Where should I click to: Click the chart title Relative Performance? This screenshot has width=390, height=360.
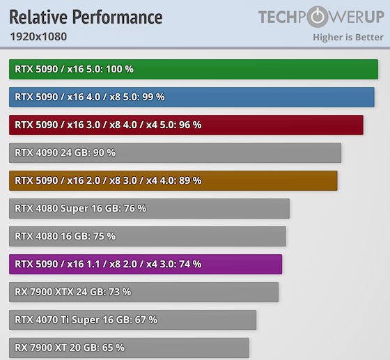click(x=86, y=17)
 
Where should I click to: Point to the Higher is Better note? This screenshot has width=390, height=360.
click(x=348, y=36)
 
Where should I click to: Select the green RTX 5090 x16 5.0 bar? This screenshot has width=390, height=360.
click(x=194, y=69)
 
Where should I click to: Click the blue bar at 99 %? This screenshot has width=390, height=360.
click(x=192, y=97)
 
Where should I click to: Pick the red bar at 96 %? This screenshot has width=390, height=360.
click(x=186, y=125)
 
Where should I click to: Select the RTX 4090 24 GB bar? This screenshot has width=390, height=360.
click(x=175, y=152)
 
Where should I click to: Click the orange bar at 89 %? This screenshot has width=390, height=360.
click(x=173, y=180)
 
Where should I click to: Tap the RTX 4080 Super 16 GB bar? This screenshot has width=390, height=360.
click(x=149, y=208)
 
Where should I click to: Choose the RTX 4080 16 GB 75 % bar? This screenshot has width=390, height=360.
click(x=148, y=236)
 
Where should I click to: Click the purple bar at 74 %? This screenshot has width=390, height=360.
click(x=146, y=264)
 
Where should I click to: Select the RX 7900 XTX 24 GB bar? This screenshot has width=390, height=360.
click(x=143, y=292)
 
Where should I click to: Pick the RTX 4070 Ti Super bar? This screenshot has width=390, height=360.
click(x=132, y=320)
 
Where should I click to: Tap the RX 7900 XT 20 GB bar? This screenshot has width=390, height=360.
click(x=129, y=347)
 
